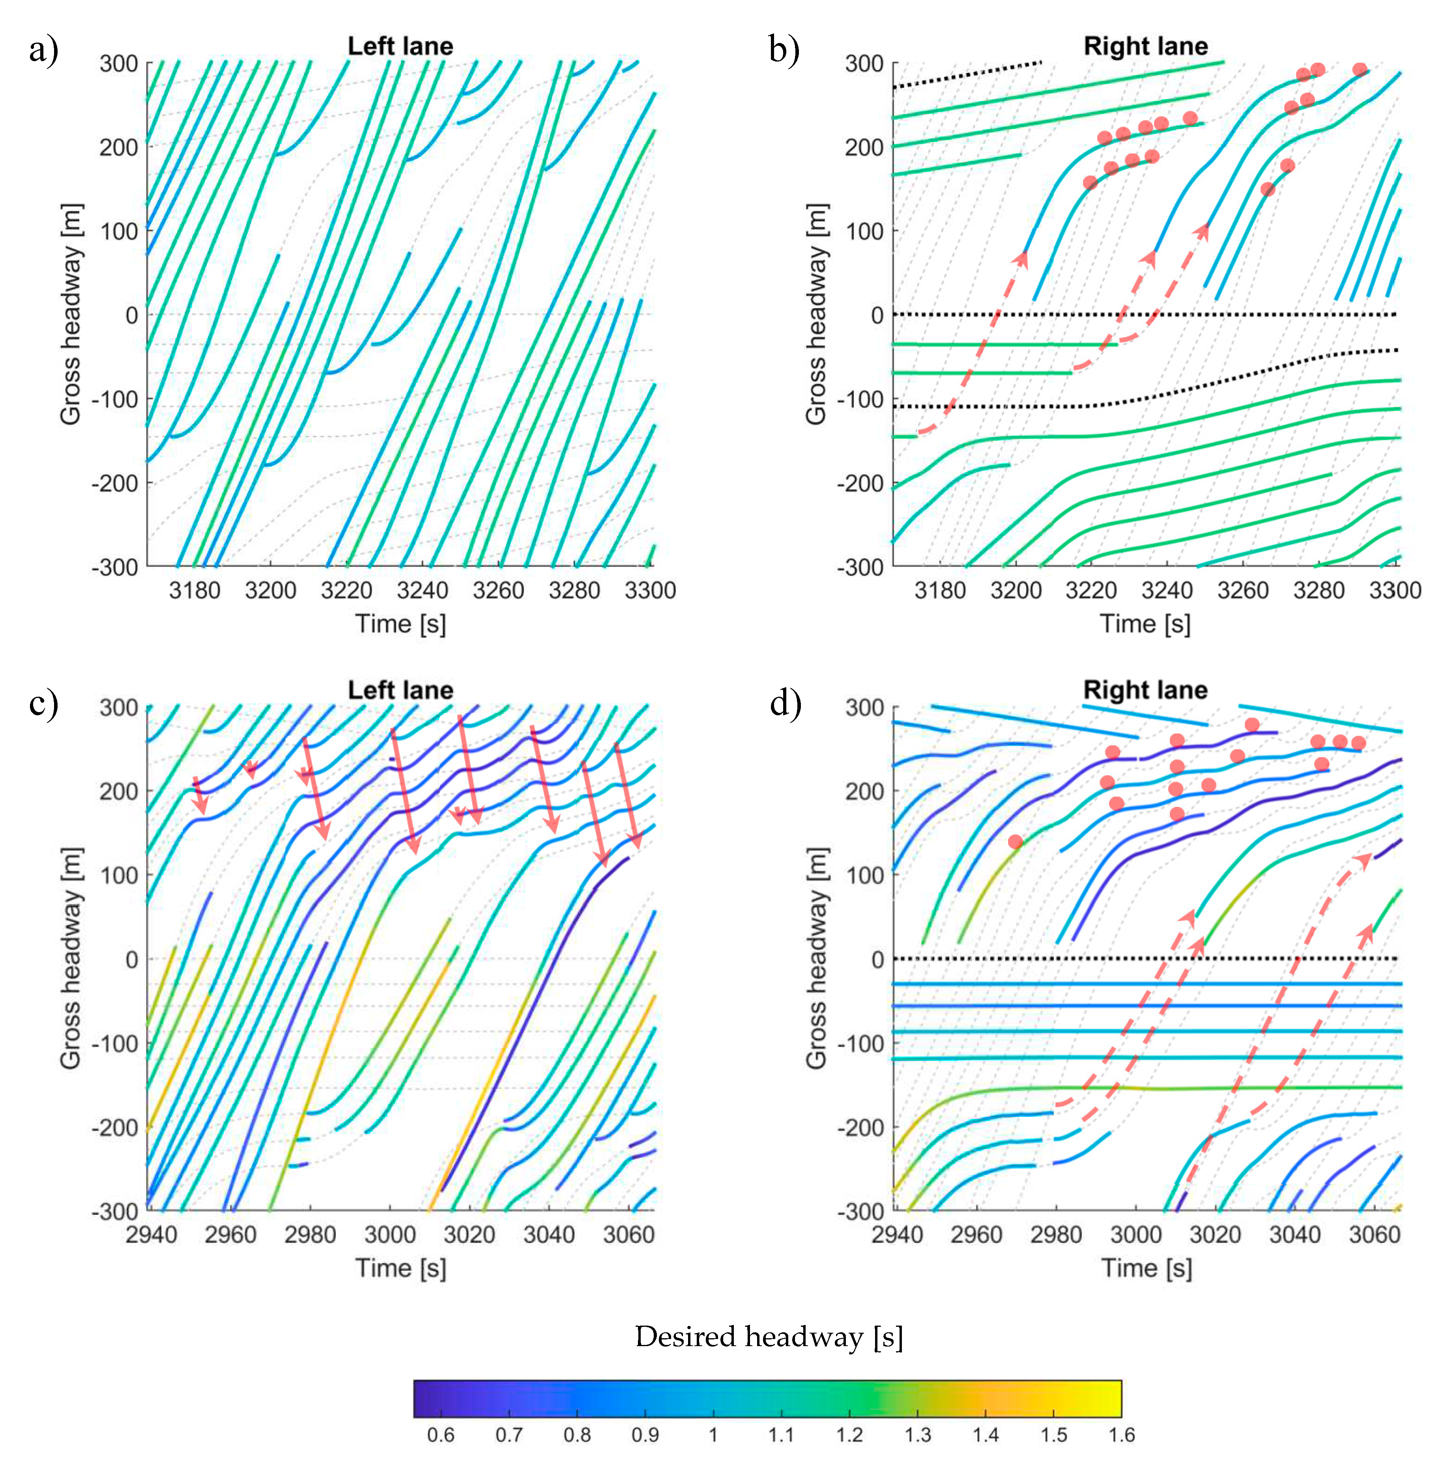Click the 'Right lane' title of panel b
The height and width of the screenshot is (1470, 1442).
coord(1145,46)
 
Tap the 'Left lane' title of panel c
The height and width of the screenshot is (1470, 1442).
coord(400,690)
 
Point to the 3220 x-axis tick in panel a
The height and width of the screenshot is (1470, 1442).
coord(346,590)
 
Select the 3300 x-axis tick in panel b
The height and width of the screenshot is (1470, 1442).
coord(1394,590)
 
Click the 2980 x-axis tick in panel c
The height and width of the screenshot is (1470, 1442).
coord(310,1234)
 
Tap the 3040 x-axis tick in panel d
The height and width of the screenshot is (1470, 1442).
coord(1294,1234)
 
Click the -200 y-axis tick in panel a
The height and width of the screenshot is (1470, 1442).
coord(115,483)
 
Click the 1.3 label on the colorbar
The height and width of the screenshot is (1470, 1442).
coord(917,1435)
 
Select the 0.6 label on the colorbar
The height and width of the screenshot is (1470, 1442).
coord(440,1435)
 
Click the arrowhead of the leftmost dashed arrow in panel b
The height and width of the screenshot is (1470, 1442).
coord(1023,258)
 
